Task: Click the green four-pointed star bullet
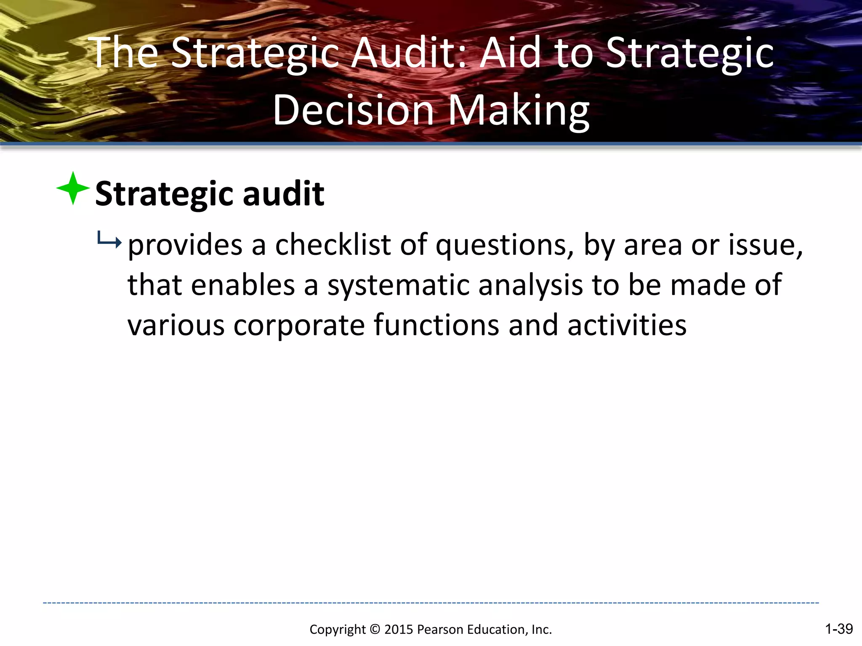tap(73, 188)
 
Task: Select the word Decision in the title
tap(353, 110)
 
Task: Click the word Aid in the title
tap(510, 53)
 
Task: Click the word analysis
tap(530, 285)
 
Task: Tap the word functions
tap(436, 325)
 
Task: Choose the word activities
tap(627, 325)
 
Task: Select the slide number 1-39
tap(838, 629)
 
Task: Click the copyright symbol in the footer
tap(375, 630)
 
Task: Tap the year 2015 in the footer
tap(399, 630)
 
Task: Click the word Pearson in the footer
tap(440, 630)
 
